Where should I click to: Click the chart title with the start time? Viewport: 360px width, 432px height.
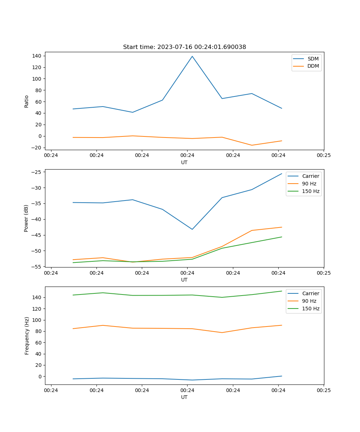[184, 47]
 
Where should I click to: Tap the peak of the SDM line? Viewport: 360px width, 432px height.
[192, 56]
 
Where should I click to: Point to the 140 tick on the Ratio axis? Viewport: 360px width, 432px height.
[37, 56]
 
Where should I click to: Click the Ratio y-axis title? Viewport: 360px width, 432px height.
[26, 101]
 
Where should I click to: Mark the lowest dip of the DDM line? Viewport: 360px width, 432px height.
[252, 145]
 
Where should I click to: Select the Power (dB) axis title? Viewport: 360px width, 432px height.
[26, 218]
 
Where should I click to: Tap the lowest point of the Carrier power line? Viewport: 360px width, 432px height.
[192, 229]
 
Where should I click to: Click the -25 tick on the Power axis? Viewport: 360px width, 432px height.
[37, 172]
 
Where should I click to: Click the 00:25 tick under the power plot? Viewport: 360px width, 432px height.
[324, 273]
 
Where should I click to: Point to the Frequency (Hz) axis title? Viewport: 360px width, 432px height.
[27, 336]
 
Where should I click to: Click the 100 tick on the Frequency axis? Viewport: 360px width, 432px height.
[37, 320]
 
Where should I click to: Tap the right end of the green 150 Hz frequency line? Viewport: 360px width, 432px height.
[282, 291]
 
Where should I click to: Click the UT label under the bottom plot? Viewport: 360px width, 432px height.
[184, 397]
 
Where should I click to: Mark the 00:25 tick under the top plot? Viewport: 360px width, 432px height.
[324, 156]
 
